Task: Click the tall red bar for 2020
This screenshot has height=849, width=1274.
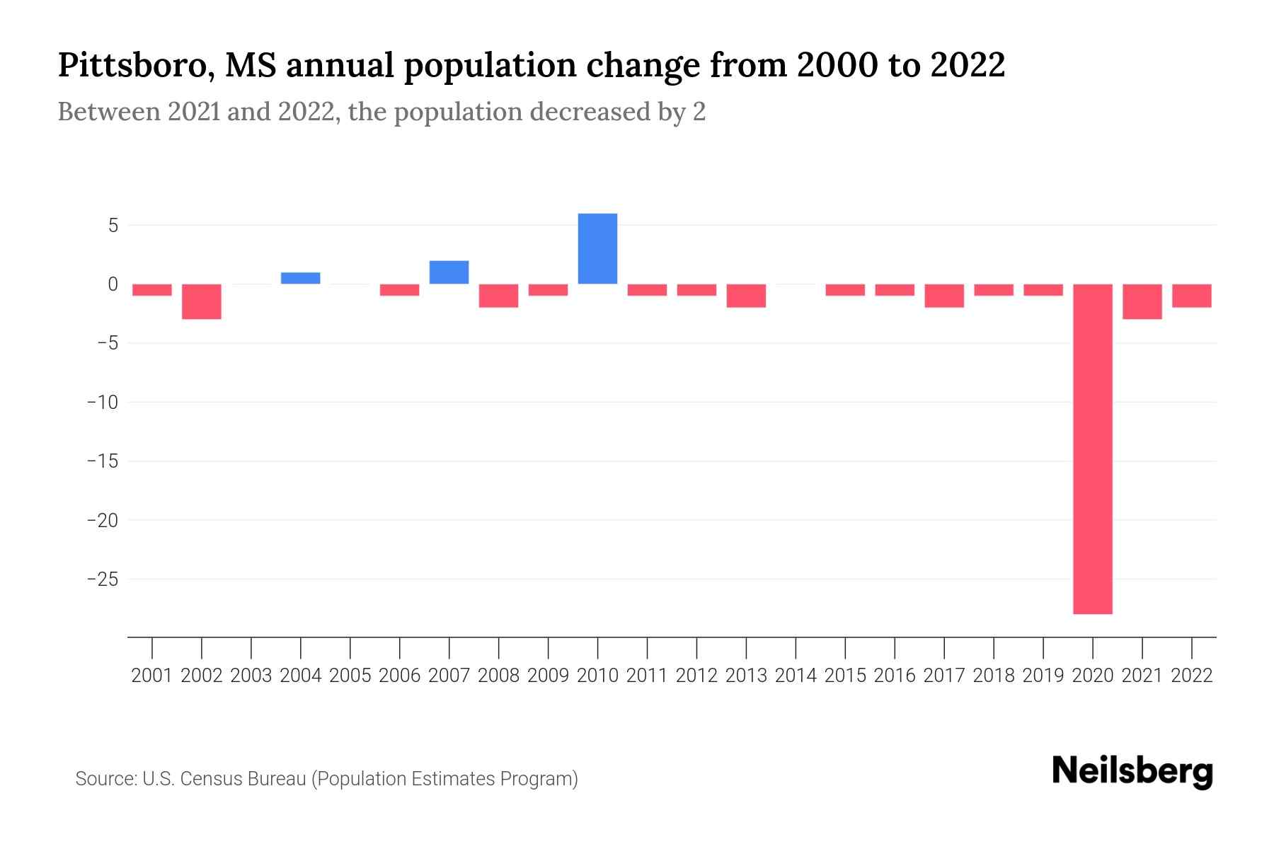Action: [1093, 449]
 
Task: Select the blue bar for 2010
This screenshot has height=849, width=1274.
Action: [597, 248]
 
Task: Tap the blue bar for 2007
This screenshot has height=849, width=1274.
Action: [449, 272]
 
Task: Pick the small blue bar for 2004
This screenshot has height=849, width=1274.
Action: [300, 278]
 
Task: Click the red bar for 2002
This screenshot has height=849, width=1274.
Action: [202, 301]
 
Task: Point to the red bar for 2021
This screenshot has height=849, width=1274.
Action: [1142, 301]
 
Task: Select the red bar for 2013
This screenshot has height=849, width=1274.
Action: [746, 296]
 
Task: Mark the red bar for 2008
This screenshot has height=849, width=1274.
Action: [498, 296]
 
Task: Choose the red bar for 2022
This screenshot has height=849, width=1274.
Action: [1191, 296]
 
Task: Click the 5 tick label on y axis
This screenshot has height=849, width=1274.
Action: [113, 226]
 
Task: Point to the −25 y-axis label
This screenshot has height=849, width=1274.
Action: [102, 579]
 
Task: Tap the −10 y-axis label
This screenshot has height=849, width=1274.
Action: [102, 403]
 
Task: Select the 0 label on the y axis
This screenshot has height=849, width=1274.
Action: [113, 284]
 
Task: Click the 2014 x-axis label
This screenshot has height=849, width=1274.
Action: [796, 676]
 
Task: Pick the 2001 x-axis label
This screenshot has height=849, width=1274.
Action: [152, 676]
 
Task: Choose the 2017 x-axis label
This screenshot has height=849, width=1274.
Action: [944, 676]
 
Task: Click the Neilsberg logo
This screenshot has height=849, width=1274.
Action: [1132, 771]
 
